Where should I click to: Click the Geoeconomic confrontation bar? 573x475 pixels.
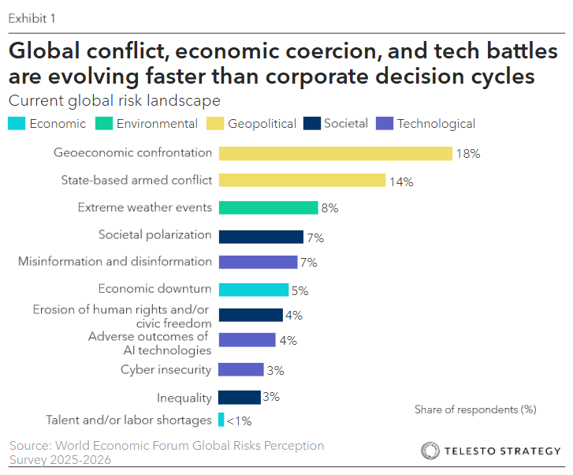point(335,153)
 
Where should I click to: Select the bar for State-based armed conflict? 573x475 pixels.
point(302,180)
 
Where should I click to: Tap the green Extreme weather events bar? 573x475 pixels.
point(268,208)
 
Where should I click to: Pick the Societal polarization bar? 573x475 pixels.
point(261,237)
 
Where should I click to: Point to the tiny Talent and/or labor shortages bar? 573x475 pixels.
point(221,420)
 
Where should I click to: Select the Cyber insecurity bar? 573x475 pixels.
point(240,369)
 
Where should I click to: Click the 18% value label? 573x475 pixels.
point(467,154)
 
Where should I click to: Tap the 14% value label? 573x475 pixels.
point(401,181)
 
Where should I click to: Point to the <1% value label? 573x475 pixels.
point(240,421)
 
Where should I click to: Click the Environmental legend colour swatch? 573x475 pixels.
point(103,123)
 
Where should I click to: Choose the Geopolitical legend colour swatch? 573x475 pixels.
point(214,123)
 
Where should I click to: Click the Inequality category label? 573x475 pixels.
point(184,397)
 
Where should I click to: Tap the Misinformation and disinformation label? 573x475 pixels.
point(115,261)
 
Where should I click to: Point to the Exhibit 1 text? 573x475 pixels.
point(32,17)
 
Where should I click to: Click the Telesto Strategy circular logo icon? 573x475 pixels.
point(430,451)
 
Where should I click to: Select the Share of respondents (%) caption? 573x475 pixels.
point(474,410)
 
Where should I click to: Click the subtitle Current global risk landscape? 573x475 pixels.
point(113,101)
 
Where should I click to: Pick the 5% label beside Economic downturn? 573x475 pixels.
point(300,290)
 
